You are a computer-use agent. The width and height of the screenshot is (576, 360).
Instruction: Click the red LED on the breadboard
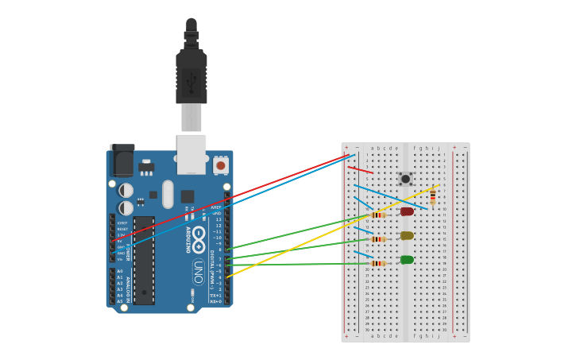[407, 211]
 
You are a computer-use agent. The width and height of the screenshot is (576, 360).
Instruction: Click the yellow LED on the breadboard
[407, 235]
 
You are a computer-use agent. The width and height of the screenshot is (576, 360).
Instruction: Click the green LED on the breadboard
[407, 260]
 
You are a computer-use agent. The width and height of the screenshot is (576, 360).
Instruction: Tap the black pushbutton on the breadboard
[405, 179]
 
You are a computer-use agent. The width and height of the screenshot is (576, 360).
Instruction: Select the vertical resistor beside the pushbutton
[432, 197]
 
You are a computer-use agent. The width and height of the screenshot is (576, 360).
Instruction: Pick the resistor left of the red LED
[378, 215]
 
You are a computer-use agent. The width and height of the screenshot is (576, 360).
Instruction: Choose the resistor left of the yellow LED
[378, 239]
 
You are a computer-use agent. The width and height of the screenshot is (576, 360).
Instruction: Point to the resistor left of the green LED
[378, 263]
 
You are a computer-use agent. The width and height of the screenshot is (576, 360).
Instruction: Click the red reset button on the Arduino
[221, 165]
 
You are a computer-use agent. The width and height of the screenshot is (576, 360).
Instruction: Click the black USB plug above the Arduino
[191, 75]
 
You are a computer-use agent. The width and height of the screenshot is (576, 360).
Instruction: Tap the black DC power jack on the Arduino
[122, 161]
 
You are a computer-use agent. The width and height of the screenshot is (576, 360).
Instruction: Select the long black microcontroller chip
[144, 260]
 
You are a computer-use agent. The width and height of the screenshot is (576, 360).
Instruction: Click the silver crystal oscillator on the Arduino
[168, 194]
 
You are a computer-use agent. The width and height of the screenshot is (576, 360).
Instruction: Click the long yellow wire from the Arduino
[334, 230]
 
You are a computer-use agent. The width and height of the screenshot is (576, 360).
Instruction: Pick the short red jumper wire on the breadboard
[360, 170]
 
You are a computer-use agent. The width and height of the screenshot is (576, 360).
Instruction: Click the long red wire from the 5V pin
[238, 195]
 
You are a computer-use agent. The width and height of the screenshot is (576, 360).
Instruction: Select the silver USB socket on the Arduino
[191, 153]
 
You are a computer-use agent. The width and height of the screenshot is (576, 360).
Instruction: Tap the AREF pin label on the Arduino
[216, 207]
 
